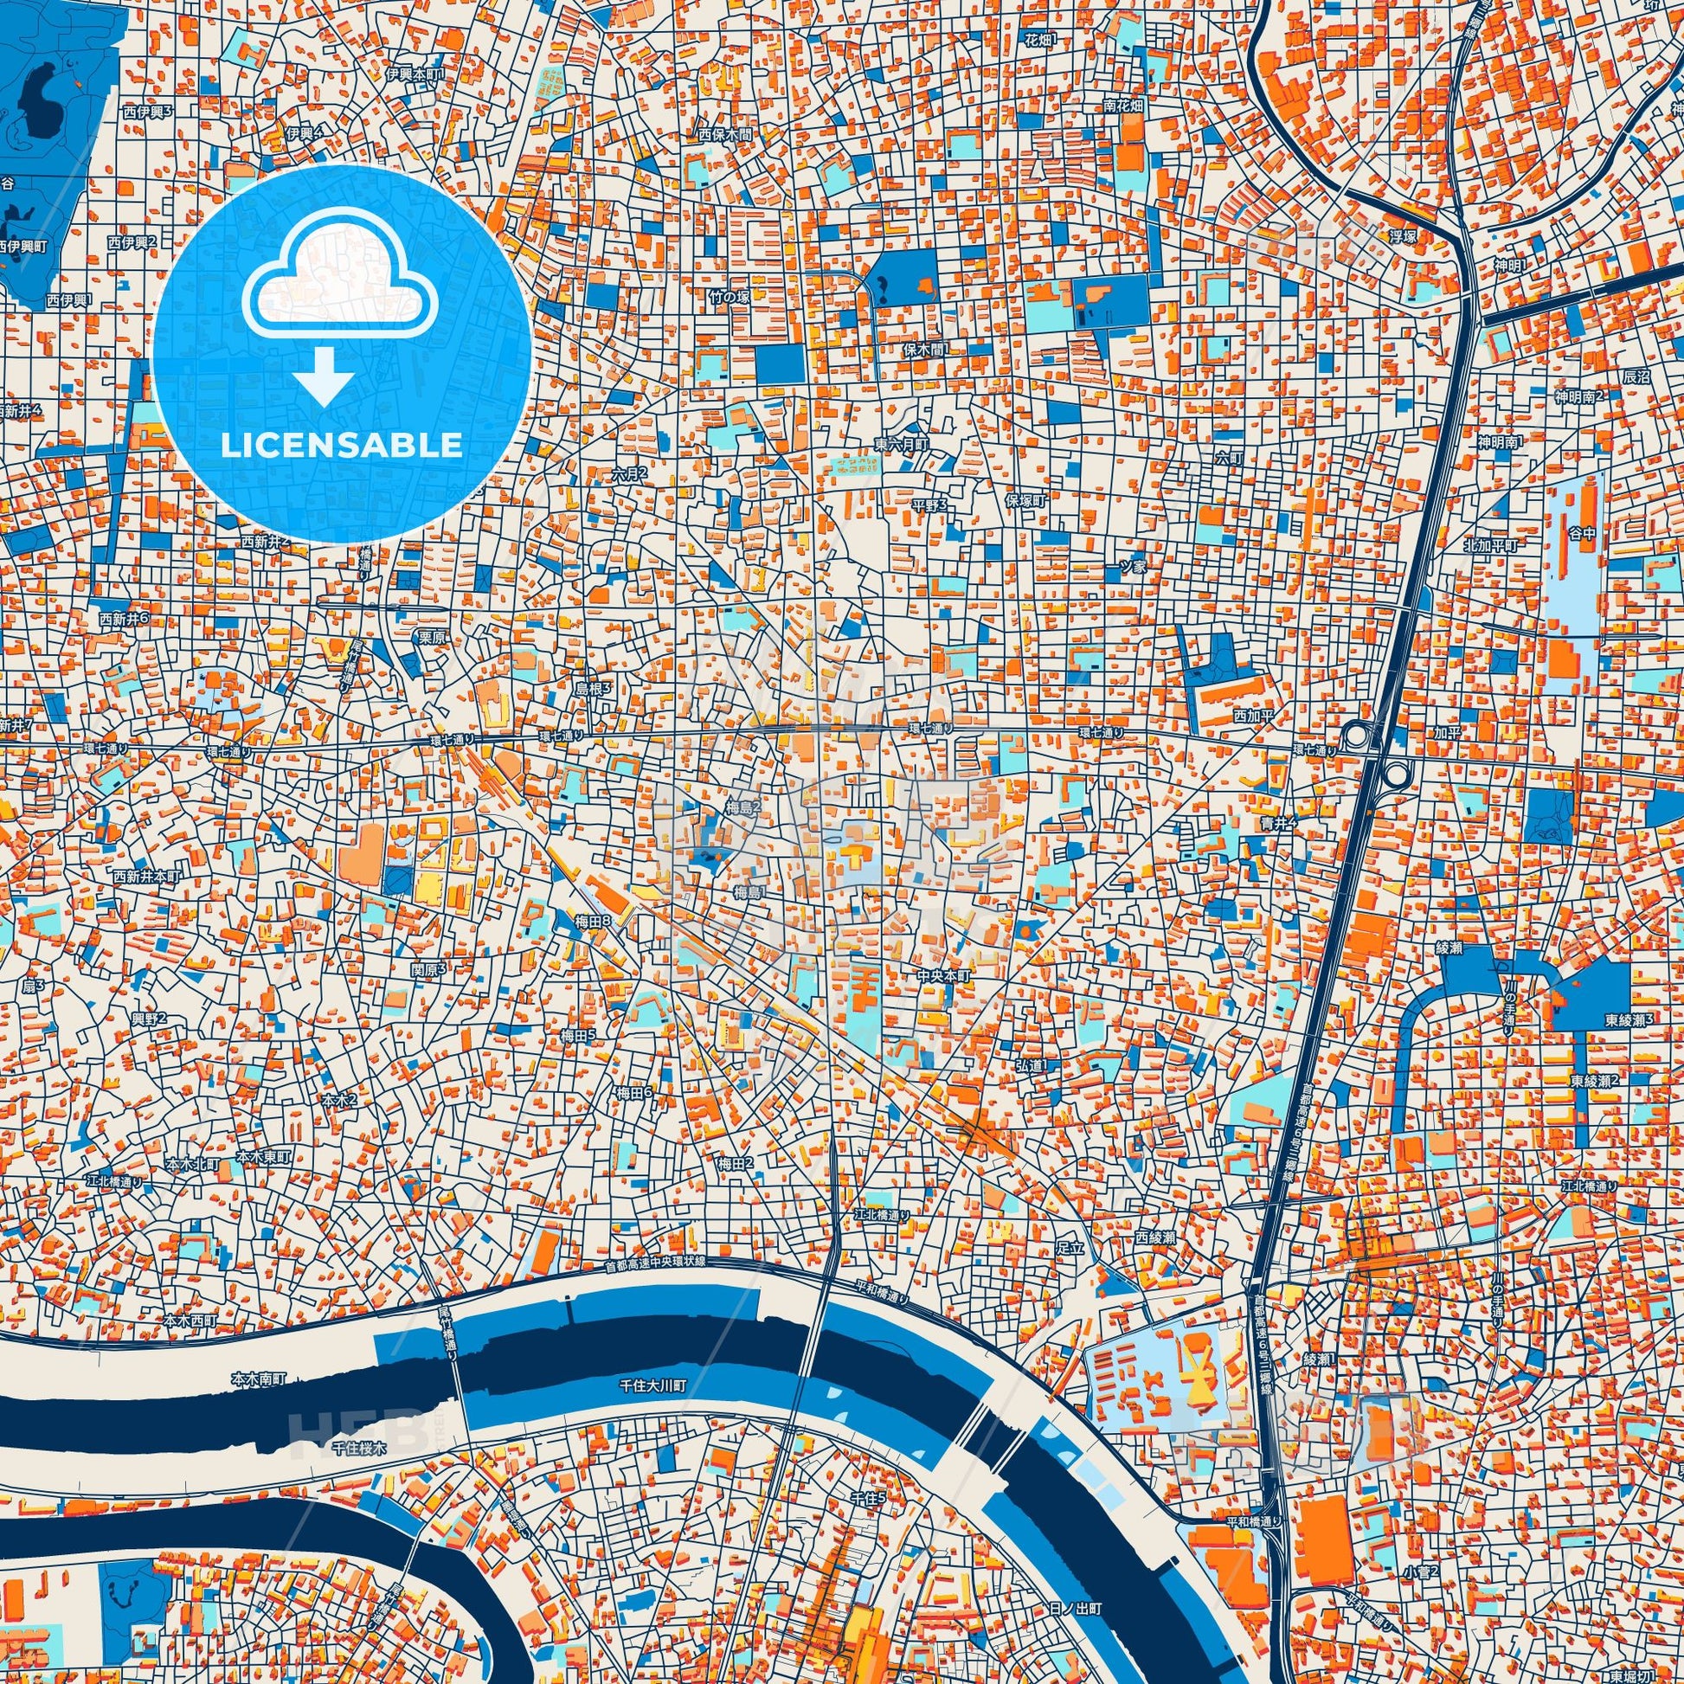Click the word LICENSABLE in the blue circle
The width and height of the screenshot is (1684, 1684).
(342, 446)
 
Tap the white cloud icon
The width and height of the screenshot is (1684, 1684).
(341, 274)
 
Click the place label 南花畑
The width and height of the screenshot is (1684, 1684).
(1122, 106)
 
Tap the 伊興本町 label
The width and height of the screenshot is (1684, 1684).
(415, 74)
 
